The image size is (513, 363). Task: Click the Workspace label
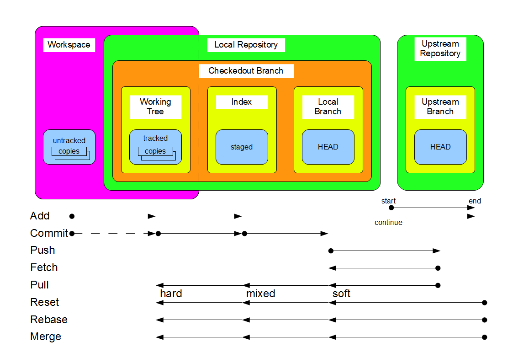pyautogui.click(x=69, y=45)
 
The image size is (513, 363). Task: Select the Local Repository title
pyautogui.click(x=246, y=45)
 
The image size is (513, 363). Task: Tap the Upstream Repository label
pyautogui.click(x=440, y=48)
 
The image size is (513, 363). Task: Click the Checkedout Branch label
pyautogui.click(x=246, y=71)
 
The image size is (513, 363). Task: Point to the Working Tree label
pyautogui.click(x=155, y=107)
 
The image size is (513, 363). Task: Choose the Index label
pyautogui.click(x=242, y=102)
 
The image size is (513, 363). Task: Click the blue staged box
pyautogui.click(x=242, y=147)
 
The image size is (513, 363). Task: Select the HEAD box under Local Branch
pyautogui.click(x=328, y=147)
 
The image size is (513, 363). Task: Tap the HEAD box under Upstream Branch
pyautogui.click(x=440, y=147)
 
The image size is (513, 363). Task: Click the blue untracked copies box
pyautogui.click(x=69, y=147)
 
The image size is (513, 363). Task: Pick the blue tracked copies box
pyautogui.click(x=155, y=147)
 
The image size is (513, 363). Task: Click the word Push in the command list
pyautogui.click(x=42, y=250)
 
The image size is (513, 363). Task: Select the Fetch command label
pyautogui.click(x=44, y=267)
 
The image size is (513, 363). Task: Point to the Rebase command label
pyautogui.click(x=49, y=320)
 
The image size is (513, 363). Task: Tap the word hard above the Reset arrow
pyautogui.click(x=171, y=294)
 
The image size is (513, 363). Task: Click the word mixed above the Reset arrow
pyautogui.click(x=260, y=294)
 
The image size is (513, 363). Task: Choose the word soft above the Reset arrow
pyautogui.click(x=341, y=294)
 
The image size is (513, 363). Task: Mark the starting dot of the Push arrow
pyautogui.click(x=331, y=251)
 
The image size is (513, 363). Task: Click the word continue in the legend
pyautogui.click(x=388, y=223)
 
